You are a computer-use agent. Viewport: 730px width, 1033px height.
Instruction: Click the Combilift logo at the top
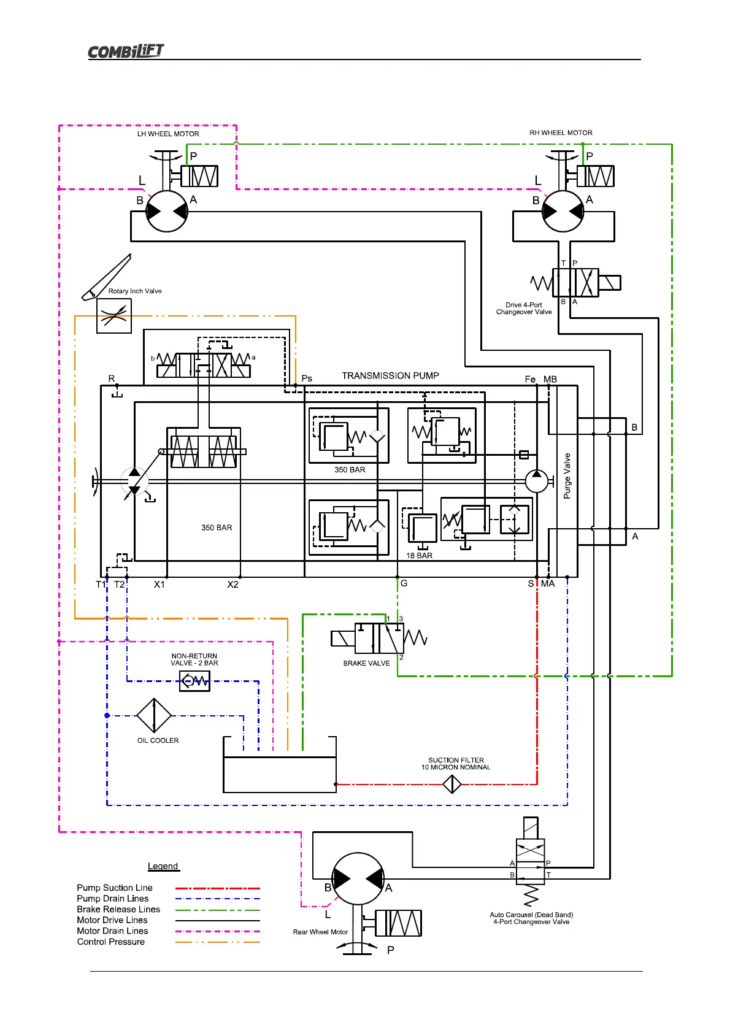pyautogui.click(x=126, y=51)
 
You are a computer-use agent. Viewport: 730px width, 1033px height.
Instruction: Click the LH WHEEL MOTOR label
pyautogui.click(x=168, y=134)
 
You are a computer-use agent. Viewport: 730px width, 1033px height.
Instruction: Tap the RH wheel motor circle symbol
pyautogui.click(x=563, y=211)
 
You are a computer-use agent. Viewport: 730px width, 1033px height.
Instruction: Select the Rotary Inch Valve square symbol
pyautogui.click(x=114, y=316)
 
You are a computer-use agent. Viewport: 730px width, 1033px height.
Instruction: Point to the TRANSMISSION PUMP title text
pyautogui.click(x=390, y=375)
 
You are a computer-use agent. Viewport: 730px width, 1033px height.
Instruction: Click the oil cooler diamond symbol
pyautogui.click(x=154, y=715)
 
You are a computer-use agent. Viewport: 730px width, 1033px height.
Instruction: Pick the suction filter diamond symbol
pyautogui.click(x=452, y=784)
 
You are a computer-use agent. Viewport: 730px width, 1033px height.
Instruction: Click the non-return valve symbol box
pyautogui.click(x=194, y=681)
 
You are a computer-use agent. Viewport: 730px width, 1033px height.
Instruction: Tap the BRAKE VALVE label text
pyautogui.click(x=366, y=663)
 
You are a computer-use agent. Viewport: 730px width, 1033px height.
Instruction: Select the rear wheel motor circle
pyautogui.click(x=358, y=878)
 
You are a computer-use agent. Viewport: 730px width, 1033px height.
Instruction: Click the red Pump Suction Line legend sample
pyautogui.click(x=218, y=888)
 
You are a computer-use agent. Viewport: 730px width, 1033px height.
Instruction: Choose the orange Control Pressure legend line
pyautogui.click(x=218, y=942)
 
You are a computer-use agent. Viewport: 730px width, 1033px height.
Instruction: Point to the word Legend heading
pyautogui.click(x=163, y=866)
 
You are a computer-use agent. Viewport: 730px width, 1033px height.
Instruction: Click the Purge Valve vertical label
pyautogui.click(x=567, y=475)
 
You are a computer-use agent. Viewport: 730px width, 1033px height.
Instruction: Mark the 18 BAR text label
pyautogui.click(x=419, y=556)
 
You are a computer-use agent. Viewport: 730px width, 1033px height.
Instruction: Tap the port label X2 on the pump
pyautogui.click(x=232, y=585)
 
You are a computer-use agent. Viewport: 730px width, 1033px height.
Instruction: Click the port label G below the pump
pyautogui.click(x=404, y=583)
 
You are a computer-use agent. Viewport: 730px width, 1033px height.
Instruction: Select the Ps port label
pyautogui.click(x=307, y=378)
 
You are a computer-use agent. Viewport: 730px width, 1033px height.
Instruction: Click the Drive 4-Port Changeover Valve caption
pyautogui.click(x=524, y=309)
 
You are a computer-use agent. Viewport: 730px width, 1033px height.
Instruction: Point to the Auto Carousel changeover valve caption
pyautogui.click(x=531, y=918)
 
